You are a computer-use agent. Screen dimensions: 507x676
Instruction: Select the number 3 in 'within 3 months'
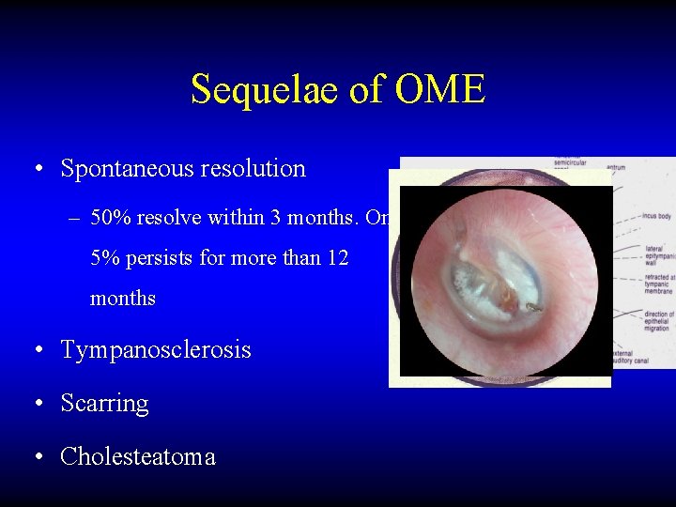click(x=274, y=219)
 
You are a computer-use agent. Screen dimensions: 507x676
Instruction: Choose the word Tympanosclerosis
click(x=156, y=350)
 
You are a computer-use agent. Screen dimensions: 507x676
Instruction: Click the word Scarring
click(x=104, y=404)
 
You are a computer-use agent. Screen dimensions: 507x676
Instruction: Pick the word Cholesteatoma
click(x=138, y=457)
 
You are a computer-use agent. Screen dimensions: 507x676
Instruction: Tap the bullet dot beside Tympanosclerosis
click(x=36, y=351)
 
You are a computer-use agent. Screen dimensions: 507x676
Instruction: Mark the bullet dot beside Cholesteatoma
click(x=36, y=458)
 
